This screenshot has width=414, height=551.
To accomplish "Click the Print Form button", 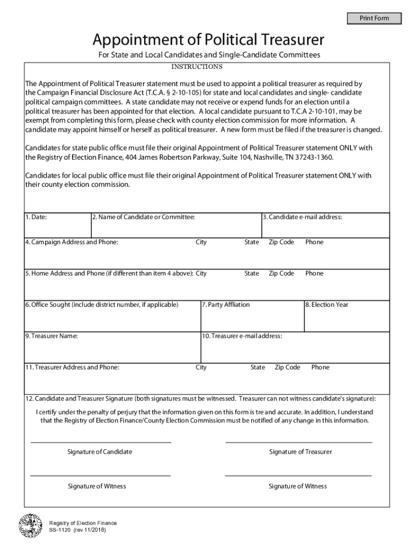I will pos(374,19).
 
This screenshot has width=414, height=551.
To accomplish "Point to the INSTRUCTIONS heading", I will pos(197,67).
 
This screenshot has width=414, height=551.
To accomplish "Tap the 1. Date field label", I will pos(36,217).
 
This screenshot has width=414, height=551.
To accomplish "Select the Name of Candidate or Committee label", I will pos(143,217).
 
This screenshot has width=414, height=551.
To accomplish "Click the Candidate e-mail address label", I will pos(302,217).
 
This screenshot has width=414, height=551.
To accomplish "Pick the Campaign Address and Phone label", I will pos(72,242).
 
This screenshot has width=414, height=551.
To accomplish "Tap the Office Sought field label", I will pos(102,305).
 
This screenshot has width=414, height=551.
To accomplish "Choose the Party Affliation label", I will pos(226,305).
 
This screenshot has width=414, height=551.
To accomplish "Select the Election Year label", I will pos(327,305).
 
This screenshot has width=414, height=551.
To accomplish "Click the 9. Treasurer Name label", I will pos(51,336).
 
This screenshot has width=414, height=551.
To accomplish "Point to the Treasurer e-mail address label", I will pos(242,336).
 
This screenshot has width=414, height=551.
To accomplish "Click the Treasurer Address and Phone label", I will pos(72,368).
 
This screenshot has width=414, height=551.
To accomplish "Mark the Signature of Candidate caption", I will pos(99,452).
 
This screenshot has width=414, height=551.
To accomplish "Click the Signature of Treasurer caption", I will pos(301,452).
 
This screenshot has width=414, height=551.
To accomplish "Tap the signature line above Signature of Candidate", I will pos(101,442).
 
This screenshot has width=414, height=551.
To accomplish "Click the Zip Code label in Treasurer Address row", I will pos(287,368).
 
